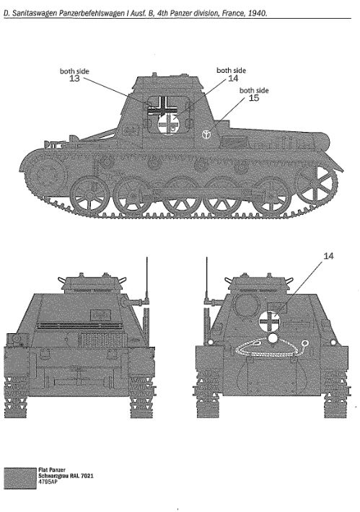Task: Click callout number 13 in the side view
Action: point(74,79)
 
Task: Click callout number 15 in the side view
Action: point(254,97)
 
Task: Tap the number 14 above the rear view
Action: point(328,256)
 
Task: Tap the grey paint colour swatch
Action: point(20,478)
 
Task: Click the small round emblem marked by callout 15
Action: point(206,134)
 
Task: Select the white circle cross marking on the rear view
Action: point(270,321)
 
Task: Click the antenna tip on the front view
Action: point(147,258)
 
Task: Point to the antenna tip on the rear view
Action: point(207,258)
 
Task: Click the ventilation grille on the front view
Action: point(102,340)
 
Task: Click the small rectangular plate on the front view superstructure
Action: point(100,315)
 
